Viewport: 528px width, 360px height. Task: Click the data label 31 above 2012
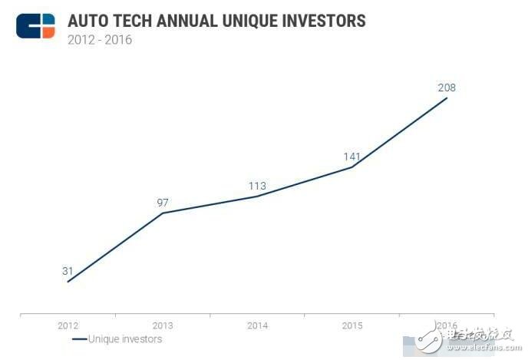point(68,271)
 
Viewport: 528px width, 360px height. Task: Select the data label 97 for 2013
point(163,203)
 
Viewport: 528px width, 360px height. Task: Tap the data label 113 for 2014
point(257,186)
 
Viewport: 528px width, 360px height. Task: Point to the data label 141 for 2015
point(352,157)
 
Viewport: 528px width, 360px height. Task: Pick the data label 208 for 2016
point(447,88)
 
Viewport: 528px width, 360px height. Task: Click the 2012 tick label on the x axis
point(68,325)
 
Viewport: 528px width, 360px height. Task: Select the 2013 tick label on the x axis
point(163,325)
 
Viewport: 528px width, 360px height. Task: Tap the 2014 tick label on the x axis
point(257,325)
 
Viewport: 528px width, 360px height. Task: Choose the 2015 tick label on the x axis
point(352,325)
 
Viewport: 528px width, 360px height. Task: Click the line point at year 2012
point(68,282)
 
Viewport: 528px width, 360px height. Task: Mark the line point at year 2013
point(163,213)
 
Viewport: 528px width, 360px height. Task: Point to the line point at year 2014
point(257,196)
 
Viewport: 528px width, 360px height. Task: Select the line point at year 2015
point(352,167)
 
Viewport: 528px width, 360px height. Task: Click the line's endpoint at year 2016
point(447,97)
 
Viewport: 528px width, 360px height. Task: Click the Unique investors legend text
point(125,339)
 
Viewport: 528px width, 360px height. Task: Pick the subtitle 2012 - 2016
point(100,39)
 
